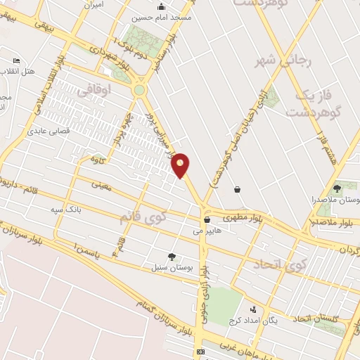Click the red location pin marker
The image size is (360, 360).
181,165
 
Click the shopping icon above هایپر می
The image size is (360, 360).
207,219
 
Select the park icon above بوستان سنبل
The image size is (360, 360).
172,257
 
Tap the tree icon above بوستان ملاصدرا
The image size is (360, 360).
337,188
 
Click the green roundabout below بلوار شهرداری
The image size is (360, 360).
140,89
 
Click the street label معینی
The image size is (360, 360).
101,185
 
